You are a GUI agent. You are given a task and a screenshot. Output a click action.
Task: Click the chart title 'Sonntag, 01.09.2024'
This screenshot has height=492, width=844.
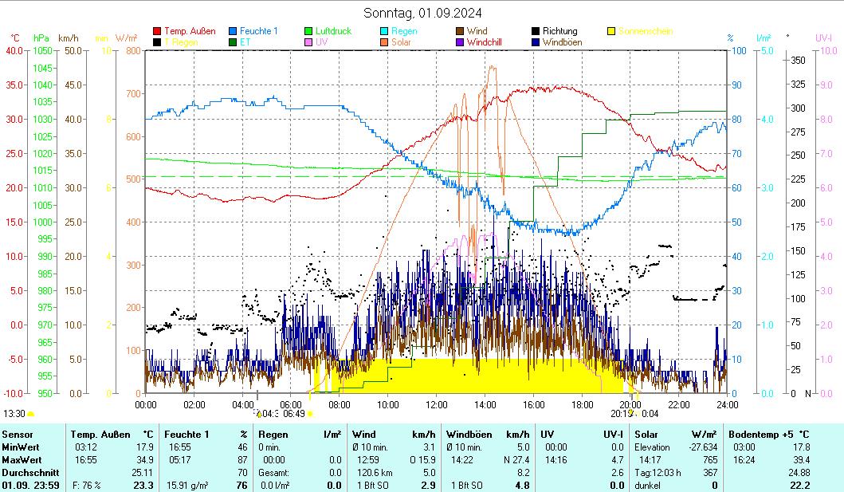[422, 13]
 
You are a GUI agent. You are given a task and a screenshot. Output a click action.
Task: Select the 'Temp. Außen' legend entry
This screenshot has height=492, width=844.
[189, 31]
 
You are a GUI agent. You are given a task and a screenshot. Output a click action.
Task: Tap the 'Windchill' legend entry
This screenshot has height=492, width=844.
[484, 42]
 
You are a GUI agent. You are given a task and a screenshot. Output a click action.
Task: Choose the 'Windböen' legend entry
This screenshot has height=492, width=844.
[562, 42]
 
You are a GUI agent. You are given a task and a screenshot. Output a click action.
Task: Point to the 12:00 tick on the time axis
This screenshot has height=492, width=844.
[437, 404]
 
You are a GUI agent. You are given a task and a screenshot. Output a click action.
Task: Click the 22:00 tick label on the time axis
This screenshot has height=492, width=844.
[678, 404]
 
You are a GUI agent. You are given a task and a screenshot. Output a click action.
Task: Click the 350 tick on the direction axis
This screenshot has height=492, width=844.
[797, 61]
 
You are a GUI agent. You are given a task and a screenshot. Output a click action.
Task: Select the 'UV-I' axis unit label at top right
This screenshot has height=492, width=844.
[823, 37]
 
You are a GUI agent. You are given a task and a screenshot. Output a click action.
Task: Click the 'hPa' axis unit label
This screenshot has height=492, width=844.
[41, 37]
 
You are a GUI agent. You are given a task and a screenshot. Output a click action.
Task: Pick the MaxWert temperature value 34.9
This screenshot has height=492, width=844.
[143, 460]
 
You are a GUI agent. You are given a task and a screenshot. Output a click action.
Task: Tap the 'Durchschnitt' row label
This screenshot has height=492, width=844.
[30, 473]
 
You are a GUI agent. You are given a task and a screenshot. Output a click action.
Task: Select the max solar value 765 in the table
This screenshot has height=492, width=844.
[709, 460]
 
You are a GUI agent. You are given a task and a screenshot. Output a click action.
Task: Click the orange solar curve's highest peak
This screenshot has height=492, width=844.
[492, 67]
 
